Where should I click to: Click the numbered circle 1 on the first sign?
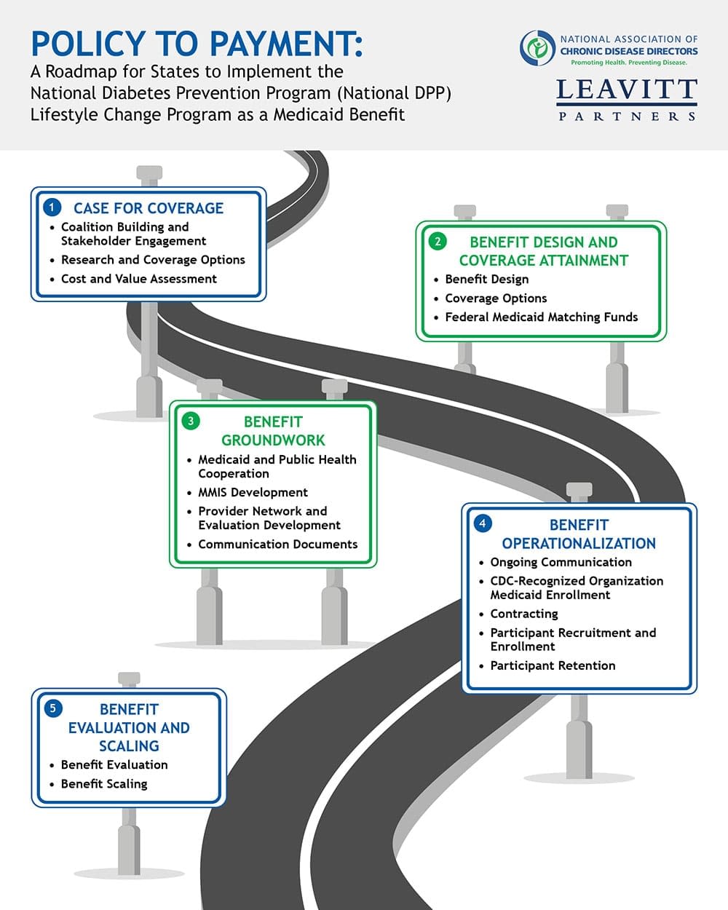coord(52,207)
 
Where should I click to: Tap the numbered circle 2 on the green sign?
coord(438,241)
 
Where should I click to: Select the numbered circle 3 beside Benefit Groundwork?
coord(191,421)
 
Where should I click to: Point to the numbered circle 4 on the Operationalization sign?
coord(482,523)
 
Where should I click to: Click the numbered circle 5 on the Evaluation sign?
coord(52,708)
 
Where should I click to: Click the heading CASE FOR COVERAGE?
coord(149,208)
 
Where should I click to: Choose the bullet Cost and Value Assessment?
coord(138,279)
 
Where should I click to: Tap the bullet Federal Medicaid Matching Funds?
coord(541,317)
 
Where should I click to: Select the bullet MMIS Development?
coord(253,492)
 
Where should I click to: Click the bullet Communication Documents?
coord(277,544)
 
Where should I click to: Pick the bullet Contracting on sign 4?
coord(523,614)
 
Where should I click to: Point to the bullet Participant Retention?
coord(553,665)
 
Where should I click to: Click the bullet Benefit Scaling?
coord(104,783)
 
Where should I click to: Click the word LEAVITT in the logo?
coord(627,90)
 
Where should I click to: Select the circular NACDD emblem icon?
coord(537,48)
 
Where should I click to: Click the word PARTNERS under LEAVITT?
coord(627,116)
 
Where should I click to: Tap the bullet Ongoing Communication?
coord(561,562)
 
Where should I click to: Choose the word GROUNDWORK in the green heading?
coord(273,440)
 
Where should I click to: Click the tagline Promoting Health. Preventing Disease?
coord(628,63)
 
